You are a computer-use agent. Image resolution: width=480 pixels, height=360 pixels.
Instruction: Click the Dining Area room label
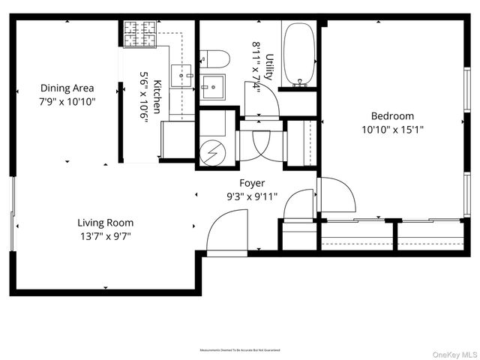point(67,88)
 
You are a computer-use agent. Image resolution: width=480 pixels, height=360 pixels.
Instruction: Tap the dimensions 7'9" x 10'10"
point(67,100)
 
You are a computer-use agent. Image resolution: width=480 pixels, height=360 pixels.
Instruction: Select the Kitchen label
point(157,96)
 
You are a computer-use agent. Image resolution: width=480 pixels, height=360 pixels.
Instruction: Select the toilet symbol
point(214,58)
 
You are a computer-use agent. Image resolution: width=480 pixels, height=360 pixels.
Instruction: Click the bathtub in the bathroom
point(300,54)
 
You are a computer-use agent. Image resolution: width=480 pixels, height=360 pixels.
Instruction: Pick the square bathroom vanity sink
point(214,87)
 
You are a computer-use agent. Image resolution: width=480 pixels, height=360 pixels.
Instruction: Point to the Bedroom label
point(392,116)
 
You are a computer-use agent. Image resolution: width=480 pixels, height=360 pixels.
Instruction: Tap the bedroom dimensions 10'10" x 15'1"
point(392,129)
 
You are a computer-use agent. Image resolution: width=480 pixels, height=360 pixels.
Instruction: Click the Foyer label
point(252,183)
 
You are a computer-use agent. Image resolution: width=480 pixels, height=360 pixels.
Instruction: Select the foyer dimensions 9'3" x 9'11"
point(252,196)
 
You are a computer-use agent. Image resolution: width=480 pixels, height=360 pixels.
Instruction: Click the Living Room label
point(106,223)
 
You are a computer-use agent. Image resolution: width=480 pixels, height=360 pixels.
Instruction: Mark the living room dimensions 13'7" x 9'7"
point(106,235)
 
